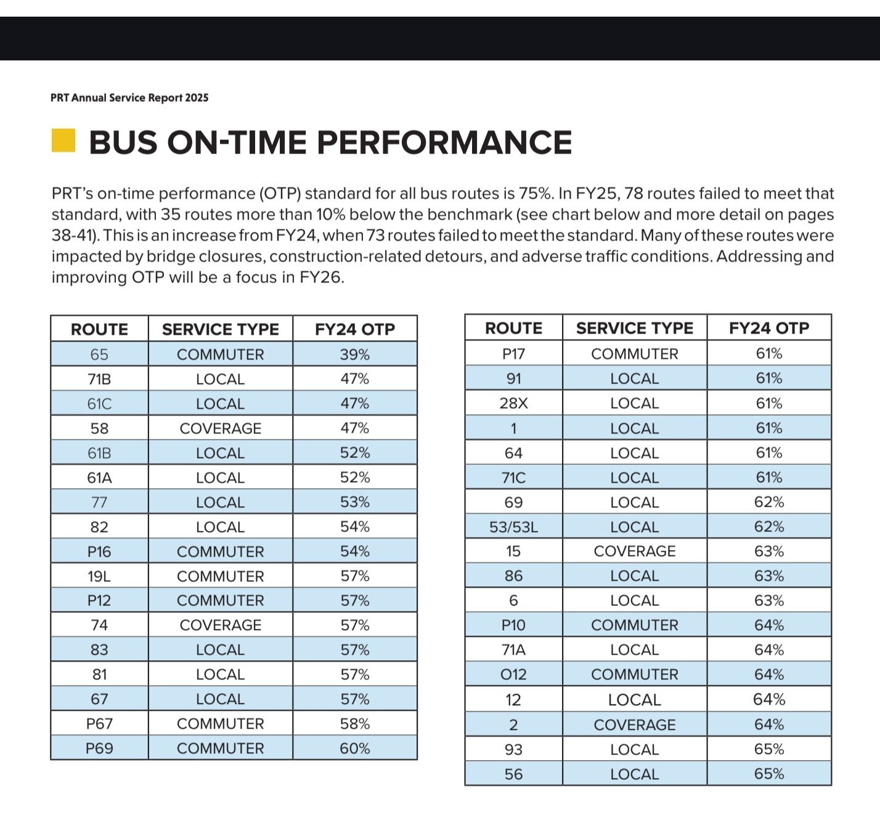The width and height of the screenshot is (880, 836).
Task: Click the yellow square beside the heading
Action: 63,141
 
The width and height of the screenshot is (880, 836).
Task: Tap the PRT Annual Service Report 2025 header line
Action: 129,98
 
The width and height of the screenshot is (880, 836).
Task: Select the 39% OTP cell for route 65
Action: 355,354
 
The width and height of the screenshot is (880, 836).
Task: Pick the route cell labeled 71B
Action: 99,379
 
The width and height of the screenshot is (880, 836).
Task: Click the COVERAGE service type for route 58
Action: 221,428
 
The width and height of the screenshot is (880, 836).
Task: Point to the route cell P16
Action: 99,552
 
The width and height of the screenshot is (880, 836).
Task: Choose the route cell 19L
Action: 99,576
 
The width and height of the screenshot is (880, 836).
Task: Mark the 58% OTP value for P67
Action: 355,724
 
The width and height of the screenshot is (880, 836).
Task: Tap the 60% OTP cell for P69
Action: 355,748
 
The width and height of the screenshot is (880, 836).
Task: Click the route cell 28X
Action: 513,403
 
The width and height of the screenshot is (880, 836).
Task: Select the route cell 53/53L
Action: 513,527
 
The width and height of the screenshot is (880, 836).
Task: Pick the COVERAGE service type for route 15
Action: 635,551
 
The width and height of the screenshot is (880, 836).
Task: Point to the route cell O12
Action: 513,674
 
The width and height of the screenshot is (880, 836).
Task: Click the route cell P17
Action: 513,354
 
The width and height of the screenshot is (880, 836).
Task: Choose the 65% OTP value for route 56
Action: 769,774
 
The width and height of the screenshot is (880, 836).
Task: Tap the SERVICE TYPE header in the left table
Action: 221,329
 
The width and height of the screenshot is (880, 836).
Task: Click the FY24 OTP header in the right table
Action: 769,328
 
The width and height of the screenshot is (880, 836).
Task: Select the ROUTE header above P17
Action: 513,328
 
